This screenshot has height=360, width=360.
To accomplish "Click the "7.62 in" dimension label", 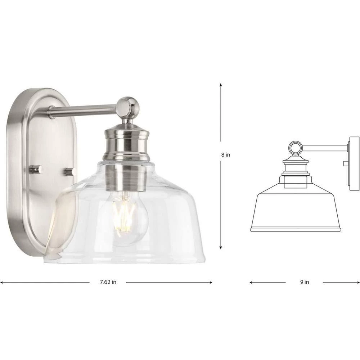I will click(x=108, y=282).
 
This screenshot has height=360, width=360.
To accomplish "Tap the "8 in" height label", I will click(x=226, y=155).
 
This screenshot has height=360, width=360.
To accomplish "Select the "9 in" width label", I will click(x=304, y=282).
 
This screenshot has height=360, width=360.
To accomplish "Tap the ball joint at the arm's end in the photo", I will click(x=129, y=107).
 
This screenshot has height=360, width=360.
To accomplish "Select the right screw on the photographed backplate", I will click(x=70, y=171).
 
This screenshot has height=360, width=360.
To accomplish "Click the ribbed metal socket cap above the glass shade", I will click(x=126, y=144).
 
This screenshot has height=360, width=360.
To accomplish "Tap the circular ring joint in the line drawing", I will click(x=296, y=148).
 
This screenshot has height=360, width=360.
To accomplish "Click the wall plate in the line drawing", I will click(x=354, y=163).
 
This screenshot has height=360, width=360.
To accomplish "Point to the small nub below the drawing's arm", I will click(x=346, y=164).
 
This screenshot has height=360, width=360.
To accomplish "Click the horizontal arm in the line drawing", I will click(x=324, y=148).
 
